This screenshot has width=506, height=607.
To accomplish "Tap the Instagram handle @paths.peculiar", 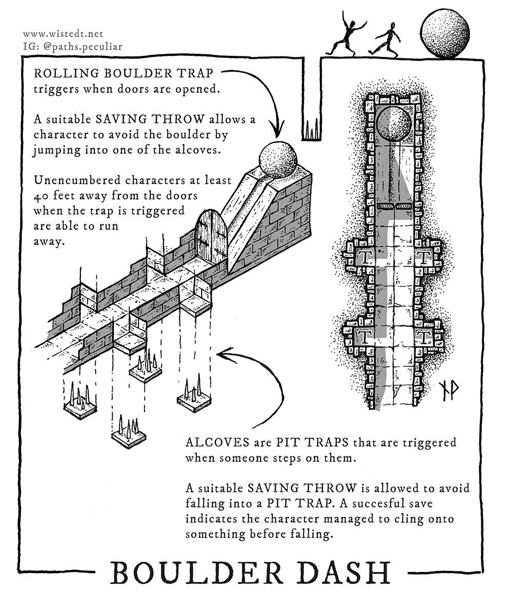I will click(72, 46).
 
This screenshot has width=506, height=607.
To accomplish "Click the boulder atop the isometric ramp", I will click(279, 159).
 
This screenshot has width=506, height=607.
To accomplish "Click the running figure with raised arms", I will click(347, 37).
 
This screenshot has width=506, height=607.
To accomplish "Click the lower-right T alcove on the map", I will click(423, 337).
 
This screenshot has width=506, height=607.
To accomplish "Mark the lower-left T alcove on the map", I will click(365, 337).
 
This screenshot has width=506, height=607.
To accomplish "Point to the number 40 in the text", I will click(41, 197).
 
